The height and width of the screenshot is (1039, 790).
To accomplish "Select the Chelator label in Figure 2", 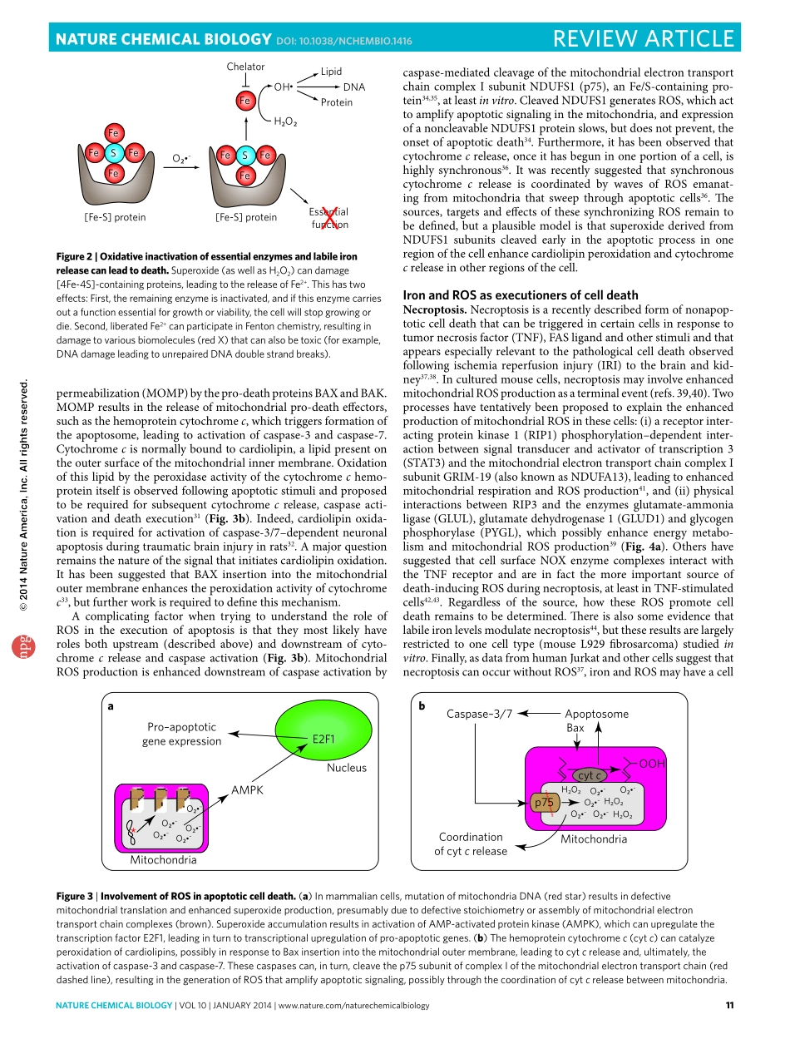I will (245, 67).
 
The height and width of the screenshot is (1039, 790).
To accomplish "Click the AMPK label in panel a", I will (247, 789).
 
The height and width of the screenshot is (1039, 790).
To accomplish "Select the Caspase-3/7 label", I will (480, 713).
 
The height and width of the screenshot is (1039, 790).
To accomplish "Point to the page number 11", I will (728, 1006).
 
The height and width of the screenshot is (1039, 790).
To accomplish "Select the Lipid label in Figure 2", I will (331, 72).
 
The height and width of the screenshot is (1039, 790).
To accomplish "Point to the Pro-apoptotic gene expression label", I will (182, 734).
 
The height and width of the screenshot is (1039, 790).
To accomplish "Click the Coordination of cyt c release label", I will (471, 844).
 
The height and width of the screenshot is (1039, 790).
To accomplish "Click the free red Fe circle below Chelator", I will (244, 101).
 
